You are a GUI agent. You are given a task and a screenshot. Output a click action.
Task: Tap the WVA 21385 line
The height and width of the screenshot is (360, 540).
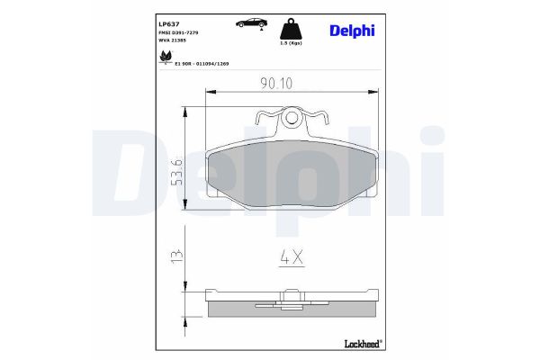coord(174,41)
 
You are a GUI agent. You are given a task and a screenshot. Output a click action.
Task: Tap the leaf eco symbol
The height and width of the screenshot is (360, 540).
coord(166,58)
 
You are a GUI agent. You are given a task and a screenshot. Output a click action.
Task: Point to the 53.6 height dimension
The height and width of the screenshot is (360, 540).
coord(177,168)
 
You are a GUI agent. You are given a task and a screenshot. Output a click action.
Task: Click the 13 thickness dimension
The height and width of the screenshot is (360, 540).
coord(177,256)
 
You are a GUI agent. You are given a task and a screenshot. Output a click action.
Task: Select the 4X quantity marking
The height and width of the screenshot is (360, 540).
coord(290,258)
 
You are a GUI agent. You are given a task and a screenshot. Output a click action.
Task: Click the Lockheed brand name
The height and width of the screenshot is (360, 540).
coord(362,342)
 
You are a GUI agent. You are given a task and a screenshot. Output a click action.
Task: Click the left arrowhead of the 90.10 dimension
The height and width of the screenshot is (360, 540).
coord(210,91)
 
